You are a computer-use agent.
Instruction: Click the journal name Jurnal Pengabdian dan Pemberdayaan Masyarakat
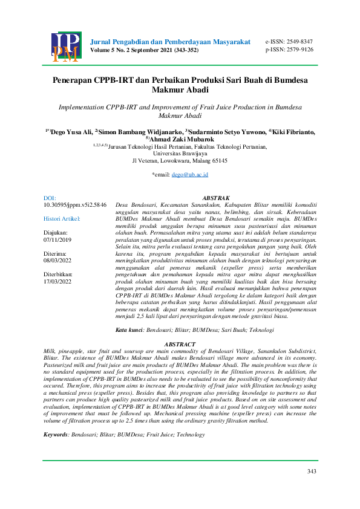(170, 42)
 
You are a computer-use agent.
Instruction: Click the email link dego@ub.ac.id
(189, 174)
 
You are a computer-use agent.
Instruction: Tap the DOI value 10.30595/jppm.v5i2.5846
(76, 206)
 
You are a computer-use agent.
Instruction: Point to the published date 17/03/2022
(58, 281)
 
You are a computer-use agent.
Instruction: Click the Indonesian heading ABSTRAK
(215, 198)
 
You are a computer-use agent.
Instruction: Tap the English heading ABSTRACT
(180, 344)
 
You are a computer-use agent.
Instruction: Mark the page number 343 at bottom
(312, 472)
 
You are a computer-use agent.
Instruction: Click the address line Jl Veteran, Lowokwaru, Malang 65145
(180, 161)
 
